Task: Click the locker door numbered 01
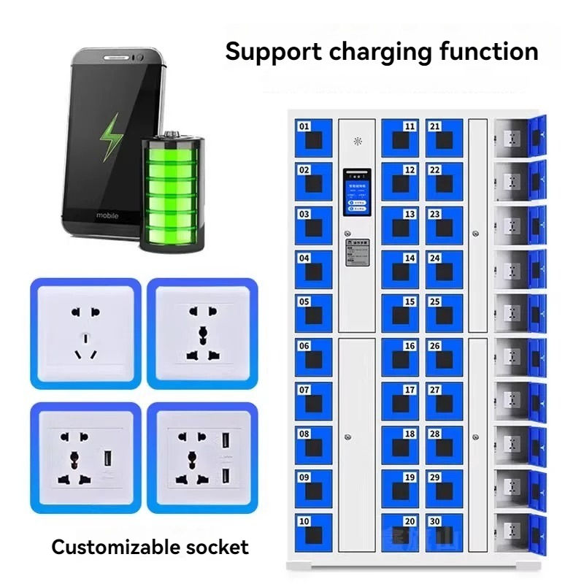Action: click(313, 137)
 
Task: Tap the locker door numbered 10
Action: click(313, 531)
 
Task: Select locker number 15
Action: click(400, 312)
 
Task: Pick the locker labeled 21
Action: click(444, 137)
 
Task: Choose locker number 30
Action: click(444, 531)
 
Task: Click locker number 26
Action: click(444, 356)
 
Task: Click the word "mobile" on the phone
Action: click(108, 216)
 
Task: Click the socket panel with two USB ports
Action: click(202, 458)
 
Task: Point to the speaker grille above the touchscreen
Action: click(357, 140)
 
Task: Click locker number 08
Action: click(313, 444)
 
